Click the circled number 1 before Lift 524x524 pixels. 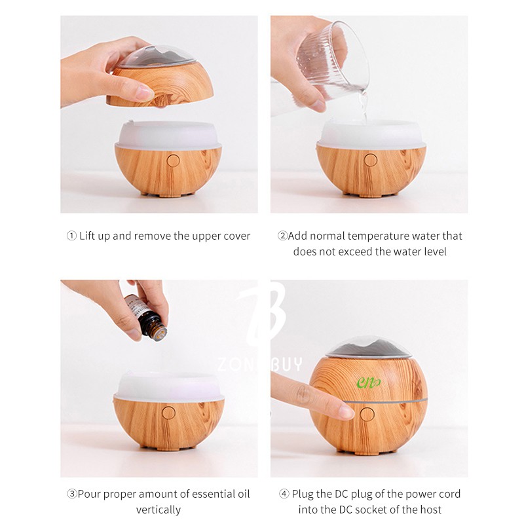coord(71,236)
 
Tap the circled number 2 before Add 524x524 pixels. coord(282,236)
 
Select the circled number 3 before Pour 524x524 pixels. coord(72,494)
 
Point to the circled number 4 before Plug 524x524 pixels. coord(284,494)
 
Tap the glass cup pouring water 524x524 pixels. coord(333,62)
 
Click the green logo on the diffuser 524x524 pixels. coord(369,383)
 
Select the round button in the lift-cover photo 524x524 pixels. coord(173,160)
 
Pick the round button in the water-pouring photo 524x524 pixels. coord(371,160)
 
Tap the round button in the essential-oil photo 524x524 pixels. coord(169,413)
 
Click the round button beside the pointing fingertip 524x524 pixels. coord(367,415)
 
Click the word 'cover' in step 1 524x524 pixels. coord(237,236)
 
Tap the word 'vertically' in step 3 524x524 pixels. coord(159,510)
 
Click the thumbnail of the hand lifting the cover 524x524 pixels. coord(159,114)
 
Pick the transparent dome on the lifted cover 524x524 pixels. coord(157,56)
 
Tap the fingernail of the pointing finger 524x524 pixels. coord(346,412)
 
